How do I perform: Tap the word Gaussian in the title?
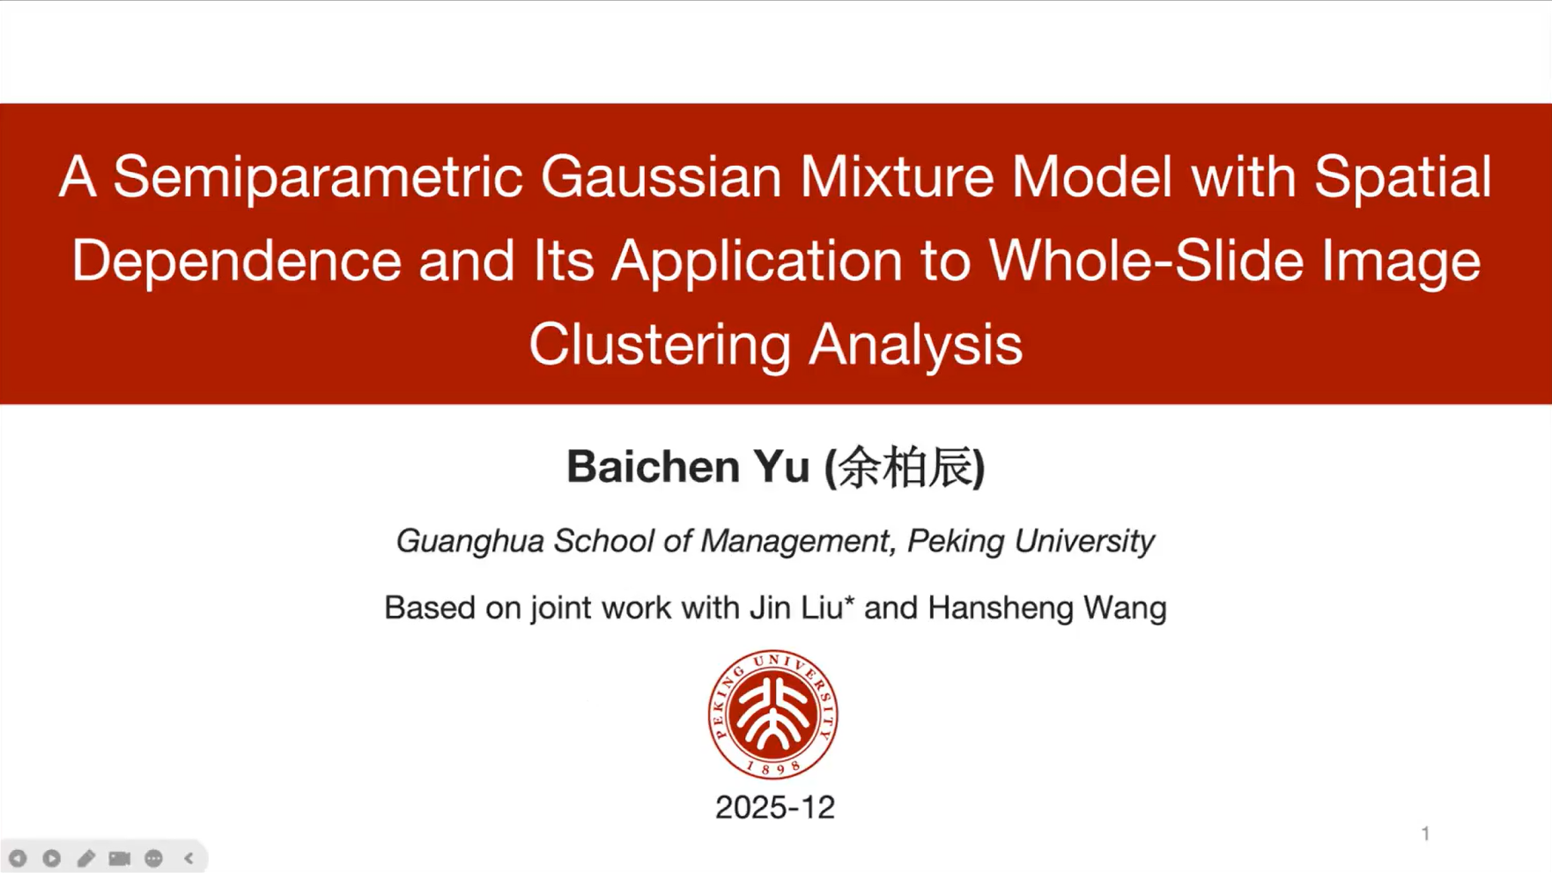pyautogui.click(x=661, y=177)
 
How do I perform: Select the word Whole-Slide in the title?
pyautogui.click(x=1145, y=261)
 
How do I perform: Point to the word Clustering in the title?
pyautogui.click(x=660, y=344)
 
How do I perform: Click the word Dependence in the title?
pyautogui.click(x=236, y=262)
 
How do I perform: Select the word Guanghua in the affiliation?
pyautogui.click(x=469, y=542)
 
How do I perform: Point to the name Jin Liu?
pyautogui.click(x=796, y=608)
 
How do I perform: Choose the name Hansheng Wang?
pyautogui.click(x=1047, y=609)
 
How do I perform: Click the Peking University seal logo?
pyautogui.click(x=772, y=714)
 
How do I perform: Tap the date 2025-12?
pyautogui.click(x=775, y=808)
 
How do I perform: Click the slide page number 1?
pyautogui.click(x=1425, y=833)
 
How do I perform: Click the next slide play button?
pyautogui.click(x=52, y=858)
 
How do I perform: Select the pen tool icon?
pyautogui.click(x=85, y=858)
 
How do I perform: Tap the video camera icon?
pyautogui.click(x=120, y=858)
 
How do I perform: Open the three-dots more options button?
pyautogui.click(x=153, y=858)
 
